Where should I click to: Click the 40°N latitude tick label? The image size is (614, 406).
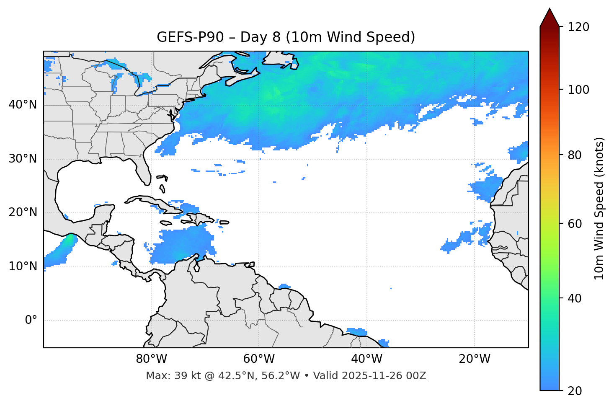23,105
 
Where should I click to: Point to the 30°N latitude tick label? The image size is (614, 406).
23,159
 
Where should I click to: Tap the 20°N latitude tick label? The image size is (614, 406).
23,212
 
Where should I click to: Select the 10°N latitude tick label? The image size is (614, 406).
23,266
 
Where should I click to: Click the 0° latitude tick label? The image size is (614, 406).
31,321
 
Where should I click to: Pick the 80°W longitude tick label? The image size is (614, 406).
151,359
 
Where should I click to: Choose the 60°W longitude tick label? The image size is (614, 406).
259,359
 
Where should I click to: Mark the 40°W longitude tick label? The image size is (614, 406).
366,359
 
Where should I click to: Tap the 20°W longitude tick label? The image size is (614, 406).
474,359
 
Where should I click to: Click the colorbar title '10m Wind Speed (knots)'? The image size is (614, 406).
599,208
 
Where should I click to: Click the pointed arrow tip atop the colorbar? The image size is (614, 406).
550,10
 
